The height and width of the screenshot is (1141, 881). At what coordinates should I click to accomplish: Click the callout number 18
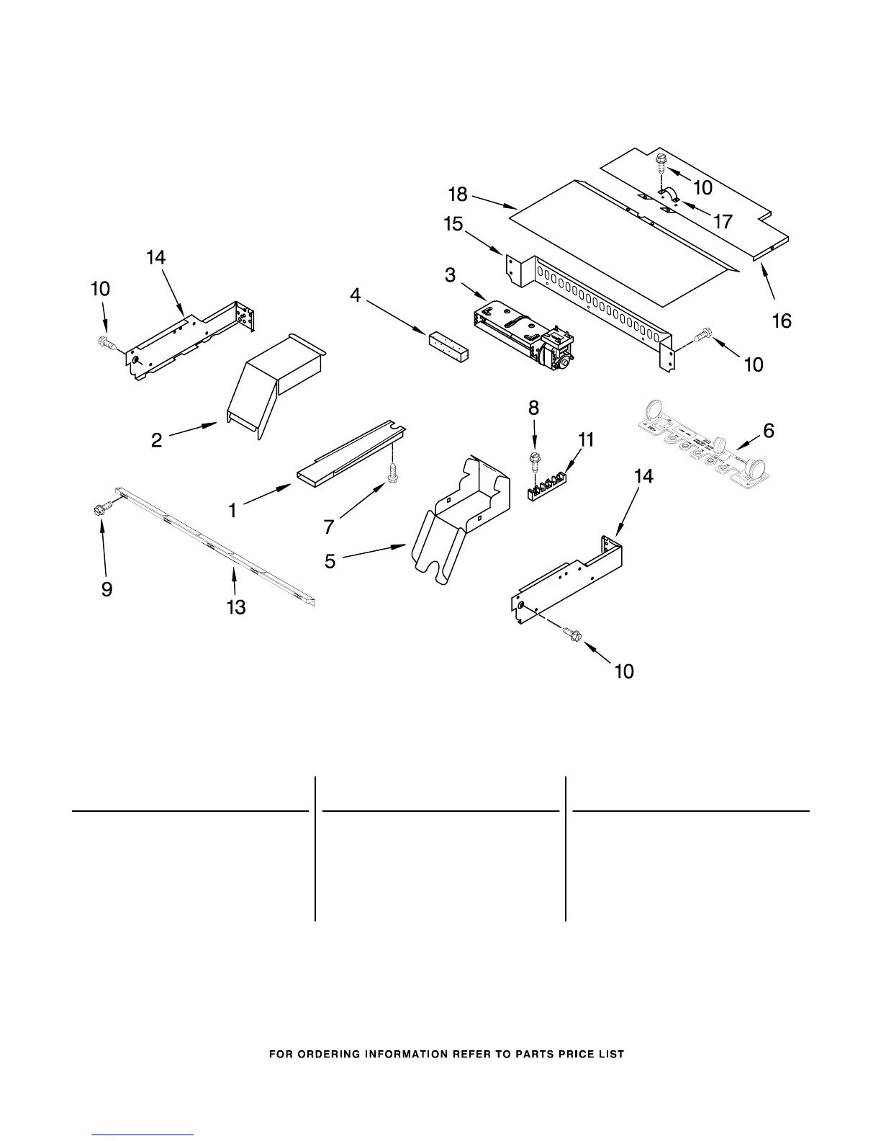(x=458, y=194)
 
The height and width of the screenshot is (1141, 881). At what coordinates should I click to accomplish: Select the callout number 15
(x=453, y=224)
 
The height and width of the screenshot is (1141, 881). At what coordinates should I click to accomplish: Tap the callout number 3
(x=450, y=274)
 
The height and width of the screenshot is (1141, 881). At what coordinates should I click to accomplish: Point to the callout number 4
(x=356, y=296)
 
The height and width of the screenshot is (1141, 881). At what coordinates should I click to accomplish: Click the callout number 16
(x=782, y=321)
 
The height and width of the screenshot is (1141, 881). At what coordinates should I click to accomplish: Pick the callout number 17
(x=723, y=221)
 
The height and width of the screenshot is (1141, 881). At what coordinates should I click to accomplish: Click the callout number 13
(x=236, y=607)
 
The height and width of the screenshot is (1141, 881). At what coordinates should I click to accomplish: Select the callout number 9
(x=107, y=590)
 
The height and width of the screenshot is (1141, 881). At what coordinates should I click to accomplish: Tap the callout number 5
(x=330, y=561)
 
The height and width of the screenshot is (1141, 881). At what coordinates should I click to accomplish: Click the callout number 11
(x=587, y=439)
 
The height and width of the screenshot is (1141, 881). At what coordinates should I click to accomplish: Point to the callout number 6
(x=769, y=431)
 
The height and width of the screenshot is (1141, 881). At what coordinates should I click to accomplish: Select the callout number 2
(x=156, y=440)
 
